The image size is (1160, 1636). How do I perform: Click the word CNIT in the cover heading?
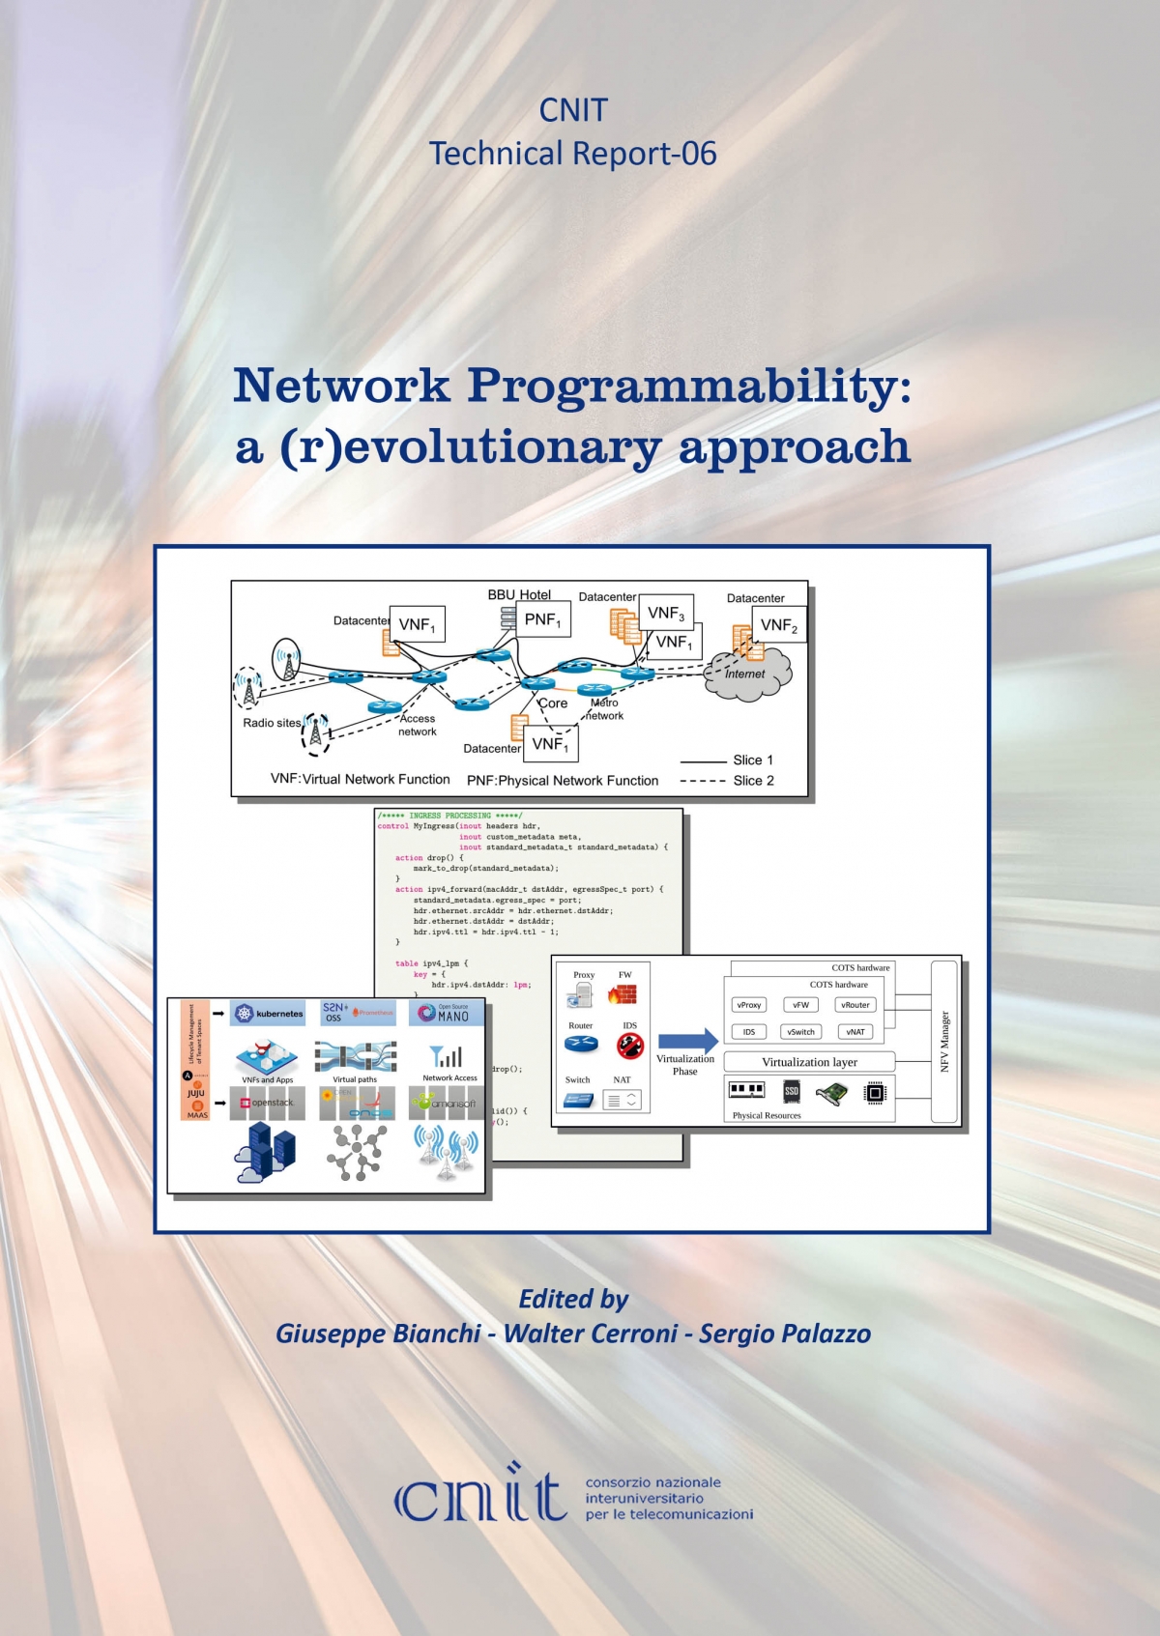[x=573, y=111]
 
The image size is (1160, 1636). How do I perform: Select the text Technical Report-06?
[x=573, y=154]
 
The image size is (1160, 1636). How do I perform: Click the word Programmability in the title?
[x=689, y=386]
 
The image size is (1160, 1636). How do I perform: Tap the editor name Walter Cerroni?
[x=591, y=1334]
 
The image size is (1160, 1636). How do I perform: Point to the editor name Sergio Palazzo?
[x=785, y=1334]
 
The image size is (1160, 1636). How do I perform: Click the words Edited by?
[x=573, y=1299]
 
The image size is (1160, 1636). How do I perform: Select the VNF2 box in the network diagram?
[x=778, y=625]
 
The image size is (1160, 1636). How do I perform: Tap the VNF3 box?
[x=665, y=613]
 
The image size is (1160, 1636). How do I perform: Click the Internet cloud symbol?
[x=747, y=673]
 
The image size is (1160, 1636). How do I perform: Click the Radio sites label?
[x=272, y=723]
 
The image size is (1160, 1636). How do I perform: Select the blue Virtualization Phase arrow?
[x=687, y=1041]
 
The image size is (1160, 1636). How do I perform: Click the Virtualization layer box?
[x=809, y=1062]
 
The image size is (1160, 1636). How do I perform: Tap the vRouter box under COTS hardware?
[x=855, y=1005]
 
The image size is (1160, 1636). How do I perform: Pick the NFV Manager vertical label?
[x=944, y=1042]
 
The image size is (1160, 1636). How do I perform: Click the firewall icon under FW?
[x=622, y=994]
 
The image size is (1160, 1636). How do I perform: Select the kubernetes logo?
[x=269, y=1014]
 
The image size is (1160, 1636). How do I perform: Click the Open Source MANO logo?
[x=446, y=1013]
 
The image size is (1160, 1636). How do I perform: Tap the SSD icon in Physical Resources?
[x=792, y=1092]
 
